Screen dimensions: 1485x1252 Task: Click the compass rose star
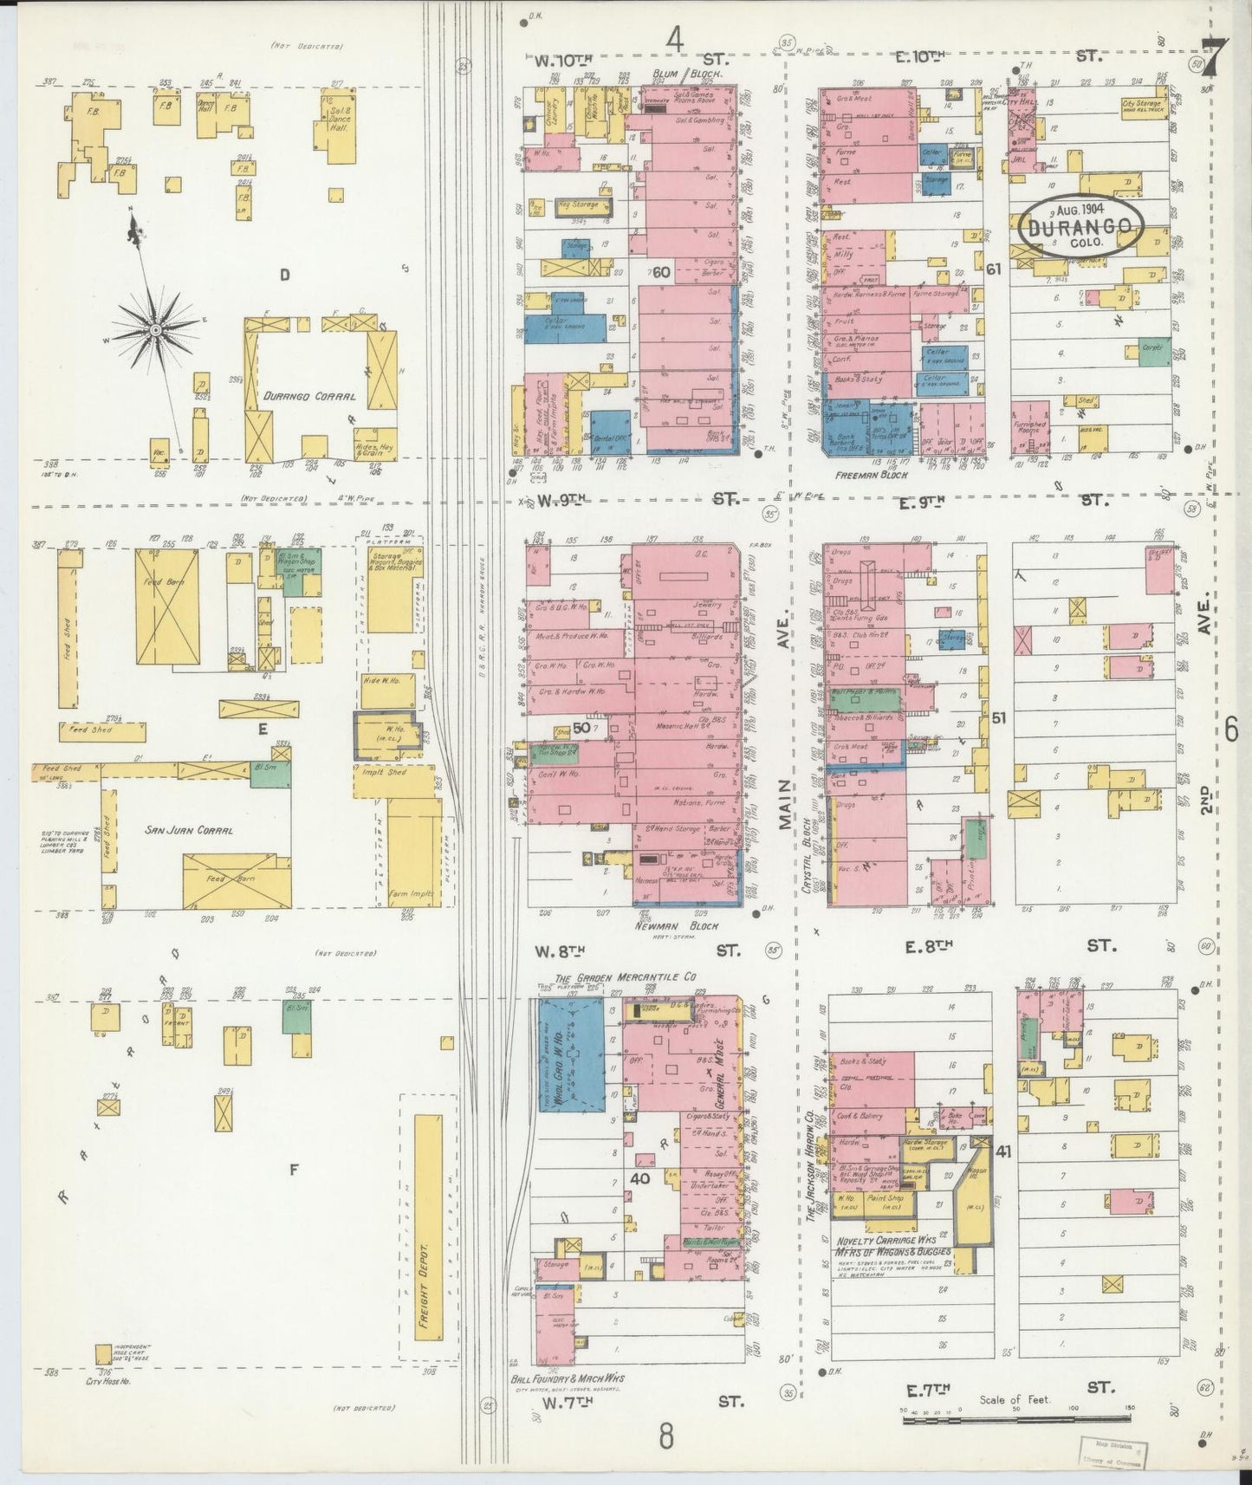click(x=154, y=329)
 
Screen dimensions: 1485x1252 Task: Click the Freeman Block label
click(x=870, y=476)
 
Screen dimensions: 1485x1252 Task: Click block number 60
click(x=661, y=272)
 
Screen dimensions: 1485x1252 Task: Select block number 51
click(x=998, y=717)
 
